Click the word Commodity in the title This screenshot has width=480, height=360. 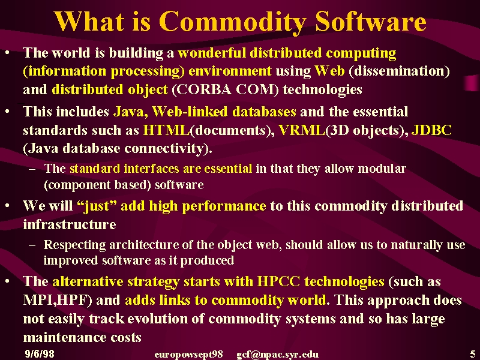click(233, 22)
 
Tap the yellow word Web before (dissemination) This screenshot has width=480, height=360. click(329, 71)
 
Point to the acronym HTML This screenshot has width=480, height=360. click(167, 130)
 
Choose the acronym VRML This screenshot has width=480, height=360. click(302, 130)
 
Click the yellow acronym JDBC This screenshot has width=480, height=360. click(431, 130)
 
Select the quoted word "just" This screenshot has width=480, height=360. click(95, 206)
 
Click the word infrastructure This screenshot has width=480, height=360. click(70, 224)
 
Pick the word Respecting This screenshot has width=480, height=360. click(74, 245)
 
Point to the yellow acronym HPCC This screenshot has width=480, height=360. click(278, 281)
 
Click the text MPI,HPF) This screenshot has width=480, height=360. click(58, 301)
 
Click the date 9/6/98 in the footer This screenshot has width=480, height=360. click(40, 354)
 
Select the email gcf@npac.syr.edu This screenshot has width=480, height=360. click(277, 355)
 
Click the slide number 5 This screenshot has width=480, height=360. click(473, 353)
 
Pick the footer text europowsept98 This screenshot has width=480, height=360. click(188, 355)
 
